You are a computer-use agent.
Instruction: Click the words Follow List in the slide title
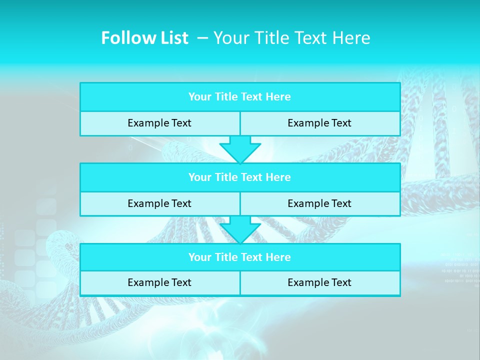(144, 38)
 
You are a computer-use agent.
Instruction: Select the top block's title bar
(240, 97)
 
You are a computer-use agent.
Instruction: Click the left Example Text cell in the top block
(159, 123)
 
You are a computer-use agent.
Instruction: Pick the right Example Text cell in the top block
(319, 123)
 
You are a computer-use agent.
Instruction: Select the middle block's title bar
(240, 177)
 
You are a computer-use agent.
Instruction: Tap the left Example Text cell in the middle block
(159, 203)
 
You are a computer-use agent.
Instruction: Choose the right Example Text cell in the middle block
(319, 203)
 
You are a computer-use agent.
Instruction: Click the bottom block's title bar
(240, 257)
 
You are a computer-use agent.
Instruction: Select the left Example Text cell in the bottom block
(159, 282)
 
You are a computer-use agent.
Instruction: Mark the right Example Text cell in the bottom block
(319, 282)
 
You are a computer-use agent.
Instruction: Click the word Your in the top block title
(200, 97)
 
